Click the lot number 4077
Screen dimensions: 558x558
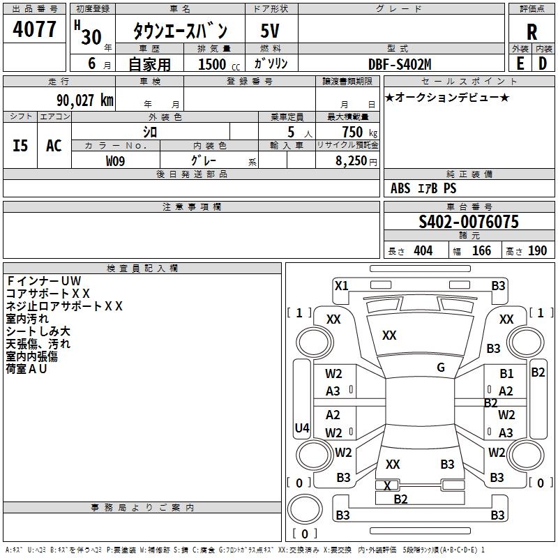pyautogui.click(x=35, y=30)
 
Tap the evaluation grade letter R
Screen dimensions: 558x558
pyautogui.click(x=532, y=33)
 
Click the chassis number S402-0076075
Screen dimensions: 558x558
pyautogui.click(x=469, y=222)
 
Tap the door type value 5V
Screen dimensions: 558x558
pyautogui.click(x=271, y=32)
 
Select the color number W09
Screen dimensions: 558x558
pyautogui.click(x=116, y=161)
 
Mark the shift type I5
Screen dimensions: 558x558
pyautogui.click(x=21, y=146)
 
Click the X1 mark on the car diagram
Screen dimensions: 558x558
pyautogui.click(x=341, y=285)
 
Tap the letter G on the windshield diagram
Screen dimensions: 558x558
pyautogui.click(x=441, y=368)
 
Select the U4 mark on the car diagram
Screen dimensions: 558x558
pyautogui.click(x=302, y=428)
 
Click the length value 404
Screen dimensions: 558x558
pyautogui.click(x=423, y=251)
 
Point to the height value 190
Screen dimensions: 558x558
pyautogui.click(x=537, y=251)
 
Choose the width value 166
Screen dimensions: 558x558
pyautogui.click(x=481, y=251)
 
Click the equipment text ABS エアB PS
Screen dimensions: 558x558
pyautogui.click(x=423, y=188)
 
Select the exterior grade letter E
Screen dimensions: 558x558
pyautogui.click(x=520, y=64)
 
